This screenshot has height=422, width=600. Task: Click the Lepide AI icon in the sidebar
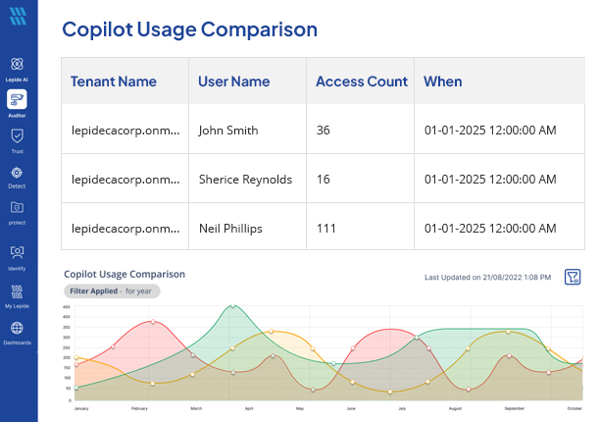(17, 64)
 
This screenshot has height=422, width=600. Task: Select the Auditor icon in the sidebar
(17, 99)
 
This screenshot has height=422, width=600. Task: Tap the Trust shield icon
(17, 136)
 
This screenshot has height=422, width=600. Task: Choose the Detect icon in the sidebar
(17, 173)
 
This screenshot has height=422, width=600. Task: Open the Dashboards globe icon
(17, 329)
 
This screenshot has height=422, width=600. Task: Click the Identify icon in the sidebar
(17, 252)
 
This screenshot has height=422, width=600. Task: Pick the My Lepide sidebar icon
(17, 291)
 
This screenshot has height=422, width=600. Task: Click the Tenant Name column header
(113, 81)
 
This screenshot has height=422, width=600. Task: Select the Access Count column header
(361, 81)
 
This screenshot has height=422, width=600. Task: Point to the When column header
(443, 81)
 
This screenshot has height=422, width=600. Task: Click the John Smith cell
(228, 130)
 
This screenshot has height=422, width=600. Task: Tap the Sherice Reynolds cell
(245, 180)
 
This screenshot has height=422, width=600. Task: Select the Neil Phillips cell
(230, 229)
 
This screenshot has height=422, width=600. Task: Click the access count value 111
(326, 229)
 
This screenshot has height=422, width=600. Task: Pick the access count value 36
(325, 130)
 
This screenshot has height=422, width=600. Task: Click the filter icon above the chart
(574, 277)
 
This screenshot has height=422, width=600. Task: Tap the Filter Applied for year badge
(112, 291)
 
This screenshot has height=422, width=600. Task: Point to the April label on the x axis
(248, 407)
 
